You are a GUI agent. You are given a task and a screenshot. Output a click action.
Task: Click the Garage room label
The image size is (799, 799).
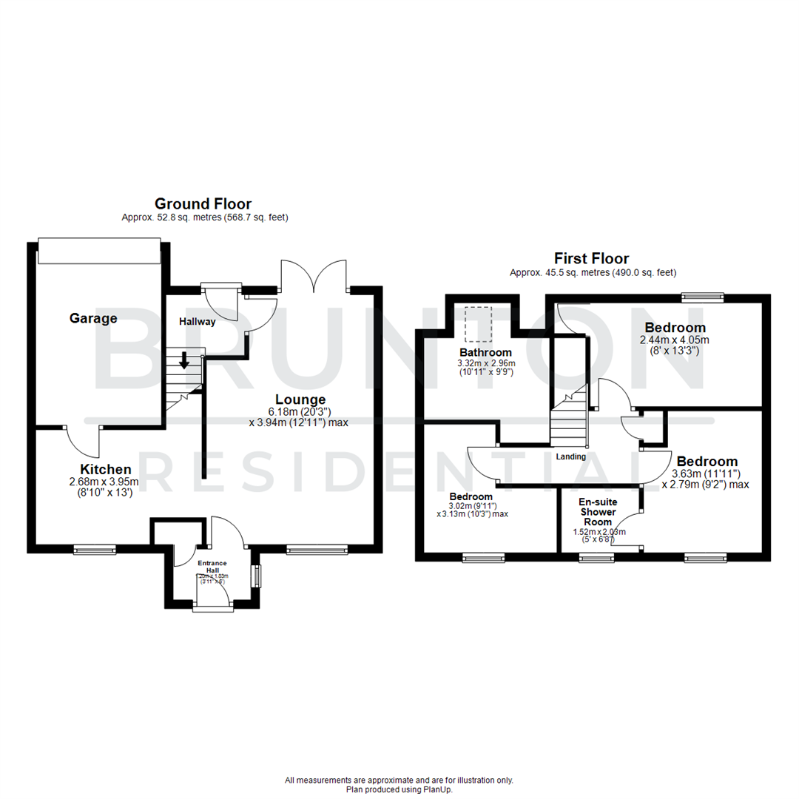[93, 319]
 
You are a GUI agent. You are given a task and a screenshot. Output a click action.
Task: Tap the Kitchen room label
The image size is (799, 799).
[106, 469]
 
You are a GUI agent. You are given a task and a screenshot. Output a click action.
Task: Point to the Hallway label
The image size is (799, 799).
[197, 322]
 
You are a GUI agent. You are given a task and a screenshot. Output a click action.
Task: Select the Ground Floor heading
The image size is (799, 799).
[203, 203]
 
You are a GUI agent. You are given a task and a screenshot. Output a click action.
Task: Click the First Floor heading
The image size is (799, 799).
[592, 258]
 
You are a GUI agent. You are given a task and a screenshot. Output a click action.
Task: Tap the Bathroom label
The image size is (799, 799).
[485, 352]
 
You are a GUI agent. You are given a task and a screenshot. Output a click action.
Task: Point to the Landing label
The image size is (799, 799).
[570, 456]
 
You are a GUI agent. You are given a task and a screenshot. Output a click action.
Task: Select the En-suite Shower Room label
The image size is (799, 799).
[599, 512]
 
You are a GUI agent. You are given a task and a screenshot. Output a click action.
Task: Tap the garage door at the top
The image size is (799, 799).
[99, 251]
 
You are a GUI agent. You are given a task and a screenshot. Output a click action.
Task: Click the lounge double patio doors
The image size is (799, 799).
[314, 277]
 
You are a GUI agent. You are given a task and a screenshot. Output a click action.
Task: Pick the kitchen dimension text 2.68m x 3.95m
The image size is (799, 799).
[106, 482]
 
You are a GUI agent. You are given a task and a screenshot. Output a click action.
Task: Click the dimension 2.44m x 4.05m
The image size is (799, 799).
[674, 340]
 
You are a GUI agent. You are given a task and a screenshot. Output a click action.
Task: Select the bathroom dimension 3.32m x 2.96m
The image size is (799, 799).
[486, 363]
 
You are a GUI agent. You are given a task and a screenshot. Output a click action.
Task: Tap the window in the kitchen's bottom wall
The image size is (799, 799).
[95, 549]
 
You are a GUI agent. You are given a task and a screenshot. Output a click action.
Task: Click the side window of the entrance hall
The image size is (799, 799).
[256, 576]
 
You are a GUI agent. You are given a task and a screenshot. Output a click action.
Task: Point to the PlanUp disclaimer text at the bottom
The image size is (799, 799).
[399, 785]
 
